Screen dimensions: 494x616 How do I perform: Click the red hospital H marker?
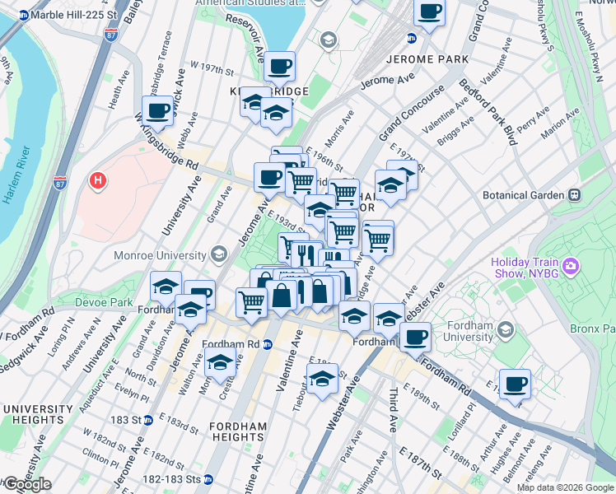[x=98, y=180]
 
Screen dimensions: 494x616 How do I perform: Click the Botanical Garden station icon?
[x=574, y=195]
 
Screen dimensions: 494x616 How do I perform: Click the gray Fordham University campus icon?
[x=506, y=330]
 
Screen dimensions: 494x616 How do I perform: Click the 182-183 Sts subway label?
[x=171, y=478]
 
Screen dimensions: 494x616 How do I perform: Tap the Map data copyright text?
[x=565, y=487]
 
